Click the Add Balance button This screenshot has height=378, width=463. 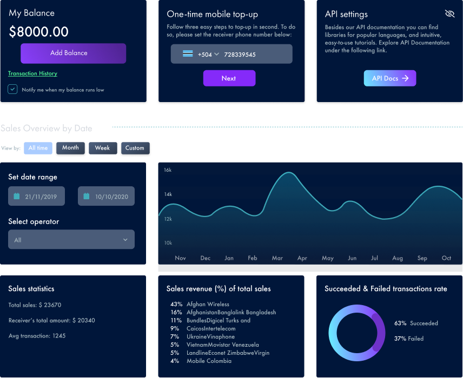click(73, 53)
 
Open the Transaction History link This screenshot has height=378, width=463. click(32, 73)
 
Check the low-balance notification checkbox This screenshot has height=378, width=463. click(12, 89)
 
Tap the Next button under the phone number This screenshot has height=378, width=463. click(229, 78)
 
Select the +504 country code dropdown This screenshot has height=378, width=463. click(208, 55)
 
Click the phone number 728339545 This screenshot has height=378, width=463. click(240, 55)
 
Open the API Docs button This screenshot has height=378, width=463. click(389, 78)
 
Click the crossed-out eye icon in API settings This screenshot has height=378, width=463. click(449, 13)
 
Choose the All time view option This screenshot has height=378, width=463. click(38, 148)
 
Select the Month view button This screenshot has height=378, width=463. click(70, 148)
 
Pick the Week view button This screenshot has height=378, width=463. click(102, 148)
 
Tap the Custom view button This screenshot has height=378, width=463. click(135, 148)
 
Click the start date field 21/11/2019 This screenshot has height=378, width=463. click(36, 197)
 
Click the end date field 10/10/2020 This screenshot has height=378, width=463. click(106, 197)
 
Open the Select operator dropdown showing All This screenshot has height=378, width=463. click(71, 240)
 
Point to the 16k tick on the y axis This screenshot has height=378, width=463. click(168, 170)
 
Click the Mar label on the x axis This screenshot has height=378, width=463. click(277, 258)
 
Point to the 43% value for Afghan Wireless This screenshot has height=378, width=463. click(176, 304)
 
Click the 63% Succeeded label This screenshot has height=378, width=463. click(416, 323)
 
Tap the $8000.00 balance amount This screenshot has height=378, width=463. click(39, 32)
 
